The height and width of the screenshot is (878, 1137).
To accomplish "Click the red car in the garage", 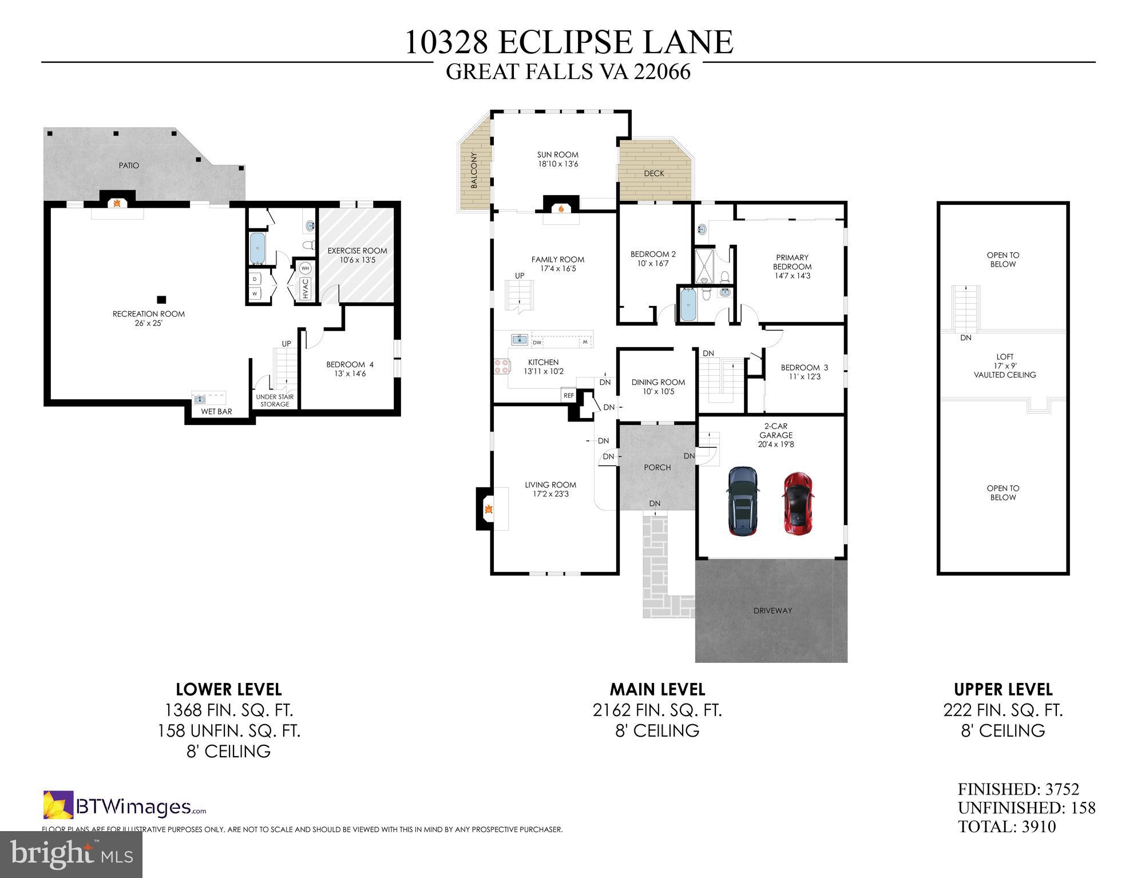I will pyautogui.click(x=798, y=502).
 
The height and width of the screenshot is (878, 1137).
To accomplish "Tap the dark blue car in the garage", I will pyautogui.click(x=743, y=502).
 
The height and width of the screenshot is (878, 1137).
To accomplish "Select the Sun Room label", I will pyautogui.click(x=557, y=154).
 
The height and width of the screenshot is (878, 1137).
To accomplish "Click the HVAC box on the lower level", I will pyautogui.click(x=306, y=289).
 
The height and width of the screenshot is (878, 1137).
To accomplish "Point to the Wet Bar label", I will pyautogui.click(x=216, y=411).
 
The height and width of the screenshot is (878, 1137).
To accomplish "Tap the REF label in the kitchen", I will pyautogui.click(x=568, y=395).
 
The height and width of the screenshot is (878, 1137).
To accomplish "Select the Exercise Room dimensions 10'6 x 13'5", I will pyautogui.click(x=357, y=260).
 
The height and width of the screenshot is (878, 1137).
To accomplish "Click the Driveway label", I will pyautogui.click(x=772, y=610).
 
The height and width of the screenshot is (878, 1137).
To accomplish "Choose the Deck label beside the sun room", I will pyautogui.click(x=654, y=173).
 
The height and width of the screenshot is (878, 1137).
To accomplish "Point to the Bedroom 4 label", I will pyautogui.click(x=350, y=364).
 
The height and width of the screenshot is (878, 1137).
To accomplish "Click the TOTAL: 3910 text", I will pyautogui.click(x=1007, y=827).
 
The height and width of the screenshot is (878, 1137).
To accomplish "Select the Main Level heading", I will pyautogui.click(x=657, y=689).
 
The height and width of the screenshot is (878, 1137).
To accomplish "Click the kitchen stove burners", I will pyautogui.click(x=502, y=366).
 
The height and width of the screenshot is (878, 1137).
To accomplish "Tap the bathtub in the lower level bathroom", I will pyautogui.click(x=257, y=248).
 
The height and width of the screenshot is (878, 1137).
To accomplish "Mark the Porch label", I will pyautogui.click(x=657, y=467).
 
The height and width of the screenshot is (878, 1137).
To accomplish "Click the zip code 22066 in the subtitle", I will pyautogui.click(x=662, y=72).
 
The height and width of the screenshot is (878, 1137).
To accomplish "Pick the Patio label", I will pyautogui.click(x=129, y=165).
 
